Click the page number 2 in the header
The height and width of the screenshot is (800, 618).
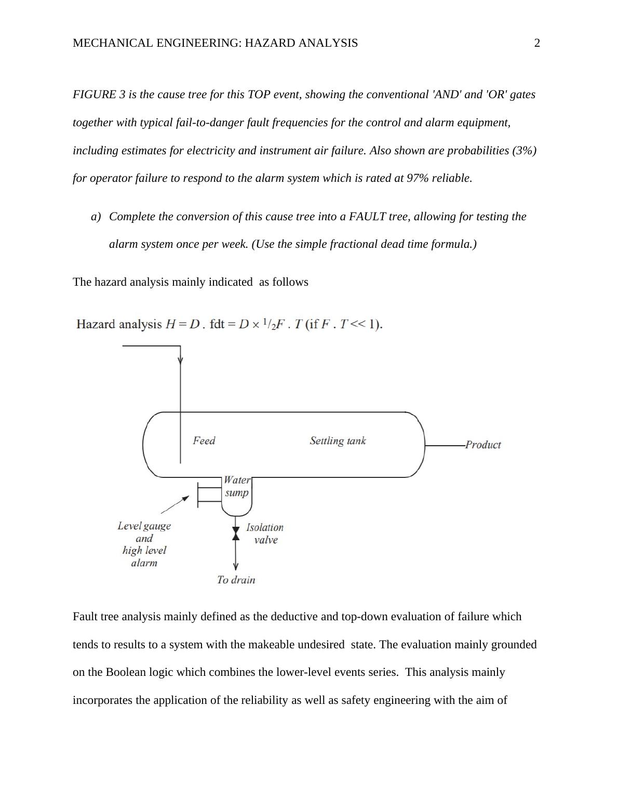pos(537,43)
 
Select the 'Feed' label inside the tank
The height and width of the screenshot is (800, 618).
pos(204,441)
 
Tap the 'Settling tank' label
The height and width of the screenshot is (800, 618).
pos(338,441)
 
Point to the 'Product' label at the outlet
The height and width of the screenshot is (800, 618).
pos(483,445)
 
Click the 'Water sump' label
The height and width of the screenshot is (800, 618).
pos(237,486)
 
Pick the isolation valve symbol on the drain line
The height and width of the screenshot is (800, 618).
pos(236,533)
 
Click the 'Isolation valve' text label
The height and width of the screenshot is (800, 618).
pos(265,534)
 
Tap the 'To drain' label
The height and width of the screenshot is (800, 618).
pos(236,580)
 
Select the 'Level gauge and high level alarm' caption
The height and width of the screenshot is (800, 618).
pos(144,544)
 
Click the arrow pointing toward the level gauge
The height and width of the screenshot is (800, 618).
pos(175,504)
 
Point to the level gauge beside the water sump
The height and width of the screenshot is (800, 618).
pos(209,492)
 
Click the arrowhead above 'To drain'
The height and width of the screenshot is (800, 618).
pos(236,566)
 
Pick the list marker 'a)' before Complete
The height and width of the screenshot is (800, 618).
pos(96,217)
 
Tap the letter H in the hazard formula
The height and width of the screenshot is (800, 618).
pos(170,325)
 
